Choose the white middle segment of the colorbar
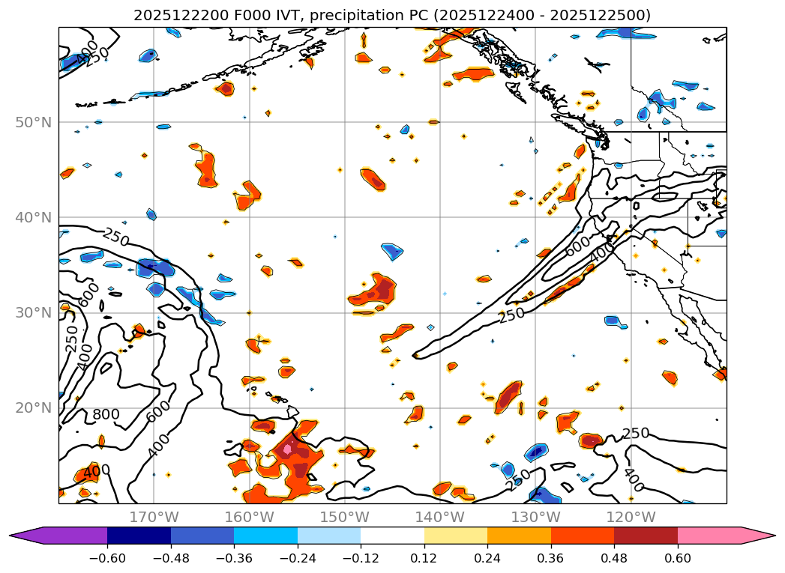point(392,536)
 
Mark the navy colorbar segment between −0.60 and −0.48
point(139,536)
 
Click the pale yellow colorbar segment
point(456,536)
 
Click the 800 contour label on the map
point(106,415)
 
